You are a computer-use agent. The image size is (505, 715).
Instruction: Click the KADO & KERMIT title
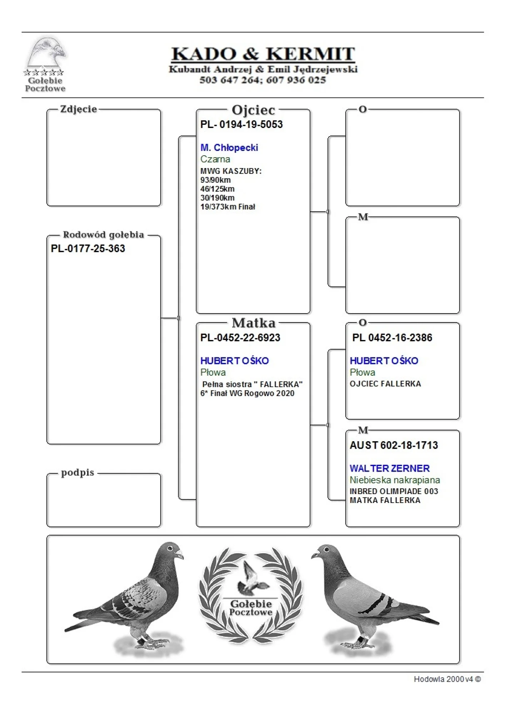263,54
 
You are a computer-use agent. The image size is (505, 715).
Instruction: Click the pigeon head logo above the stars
46,53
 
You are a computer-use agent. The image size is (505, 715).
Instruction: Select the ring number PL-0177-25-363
88,248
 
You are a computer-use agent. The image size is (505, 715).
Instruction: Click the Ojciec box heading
253,110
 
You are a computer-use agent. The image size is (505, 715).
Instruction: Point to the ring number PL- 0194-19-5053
241,124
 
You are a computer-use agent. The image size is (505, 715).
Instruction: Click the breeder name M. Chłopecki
229,148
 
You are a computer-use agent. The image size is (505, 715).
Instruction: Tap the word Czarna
215,159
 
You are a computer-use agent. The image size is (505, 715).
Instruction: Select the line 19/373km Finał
227,207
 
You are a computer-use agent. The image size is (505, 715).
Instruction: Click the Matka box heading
254,323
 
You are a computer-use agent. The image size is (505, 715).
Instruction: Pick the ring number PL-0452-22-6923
240,338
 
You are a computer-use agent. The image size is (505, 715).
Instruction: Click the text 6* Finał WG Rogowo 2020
247,393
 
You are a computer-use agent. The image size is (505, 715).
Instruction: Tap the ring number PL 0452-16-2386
392,338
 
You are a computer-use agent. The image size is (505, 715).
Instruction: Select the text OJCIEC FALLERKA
385,384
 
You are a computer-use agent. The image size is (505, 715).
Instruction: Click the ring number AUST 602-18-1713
394,445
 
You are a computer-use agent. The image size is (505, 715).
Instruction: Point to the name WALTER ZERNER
389,468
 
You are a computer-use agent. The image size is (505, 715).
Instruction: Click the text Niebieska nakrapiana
395,480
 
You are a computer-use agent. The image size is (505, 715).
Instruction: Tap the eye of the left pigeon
170,548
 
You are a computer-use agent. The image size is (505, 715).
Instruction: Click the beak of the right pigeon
315,555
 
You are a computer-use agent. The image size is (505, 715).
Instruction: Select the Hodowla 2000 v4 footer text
447,679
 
